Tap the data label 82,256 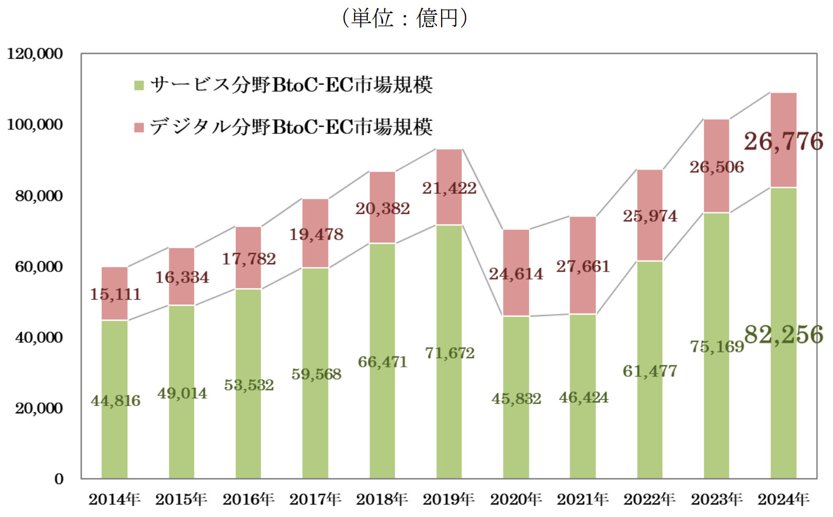[x=783, y=335]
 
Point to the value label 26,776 [x=783, y=141]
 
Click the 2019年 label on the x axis [x=448, y=499]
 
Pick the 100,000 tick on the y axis [x=35, y=125]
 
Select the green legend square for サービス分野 [x=139, y=85]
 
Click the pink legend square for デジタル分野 [x=139, y=128]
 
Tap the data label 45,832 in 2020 [x=516, y=399]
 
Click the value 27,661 [x=583, y=266]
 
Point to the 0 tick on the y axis [x=59, y=479]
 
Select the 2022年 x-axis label [x=649, y=499]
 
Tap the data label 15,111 [x=115, y=294]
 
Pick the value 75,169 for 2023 [x=716, y=346]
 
